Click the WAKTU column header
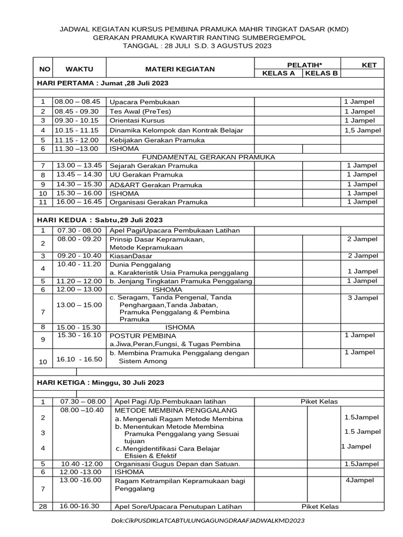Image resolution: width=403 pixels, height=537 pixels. tap(79, 69)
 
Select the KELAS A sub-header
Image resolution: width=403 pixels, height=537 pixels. tap(278, 73)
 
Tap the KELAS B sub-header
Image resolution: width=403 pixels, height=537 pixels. tap(321, 73)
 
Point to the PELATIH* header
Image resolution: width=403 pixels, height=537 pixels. tap(297, 65)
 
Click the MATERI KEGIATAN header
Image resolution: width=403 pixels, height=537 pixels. tap(180, 69)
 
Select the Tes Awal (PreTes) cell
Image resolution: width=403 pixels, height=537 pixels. tap(140, 112)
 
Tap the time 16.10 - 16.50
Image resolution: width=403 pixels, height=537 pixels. tap(79, 359)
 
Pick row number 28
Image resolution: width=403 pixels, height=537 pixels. tap(43, 506)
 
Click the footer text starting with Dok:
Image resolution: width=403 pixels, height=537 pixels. tap(208, 521)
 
